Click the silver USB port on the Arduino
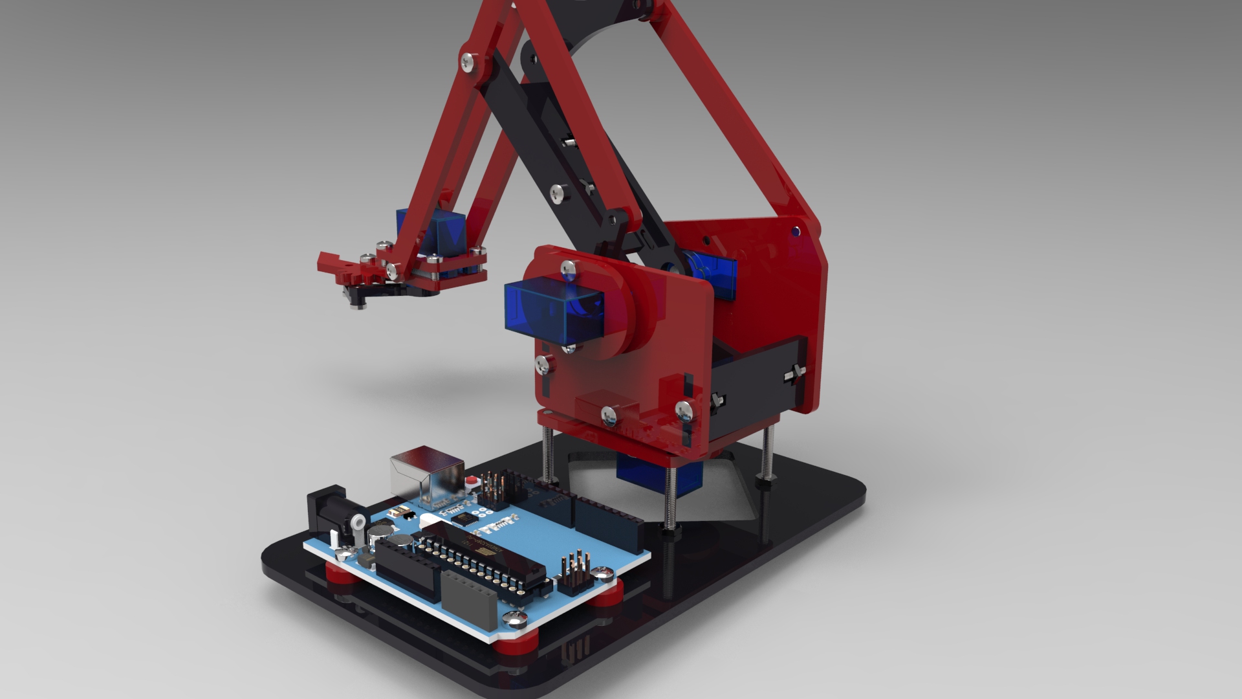pos(427,472)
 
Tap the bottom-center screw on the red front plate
pos(609,414)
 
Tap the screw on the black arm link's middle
pos(558,192)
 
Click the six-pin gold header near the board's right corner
pos(574,570)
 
